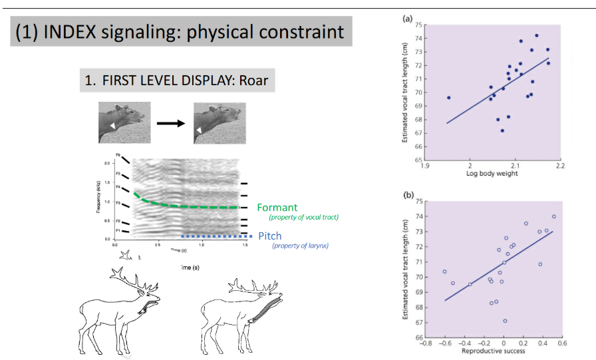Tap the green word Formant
point(277,207)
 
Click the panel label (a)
point(408,19)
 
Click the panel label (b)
point(408,195)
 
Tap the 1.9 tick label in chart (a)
point(425,166)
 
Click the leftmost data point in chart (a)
point(448,98)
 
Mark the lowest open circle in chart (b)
point(505,321)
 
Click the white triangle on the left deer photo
point(112,125)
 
